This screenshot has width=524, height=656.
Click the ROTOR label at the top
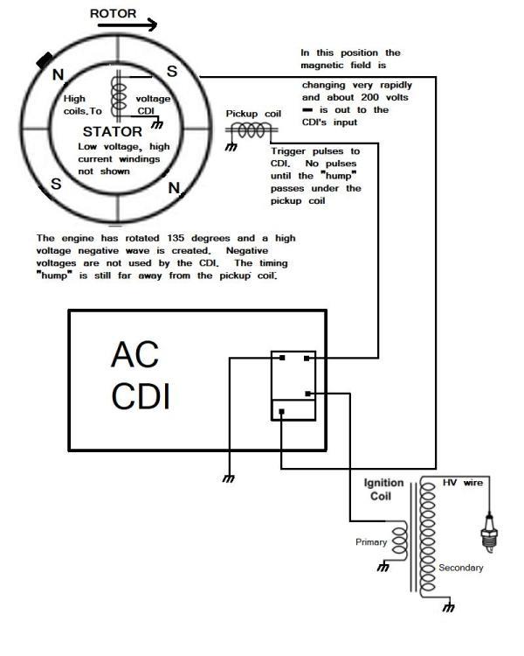(x=113, y=14)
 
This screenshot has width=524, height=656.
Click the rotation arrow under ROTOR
(x=128, y=25)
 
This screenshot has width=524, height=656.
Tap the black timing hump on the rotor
(x=45, y=60)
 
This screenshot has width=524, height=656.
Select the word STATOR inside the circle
(x=113, y=132)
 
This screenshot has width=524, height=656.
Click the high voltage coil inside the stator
(x=119, y=96)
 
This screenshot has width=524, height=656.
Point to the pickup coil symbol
(x=252, y=130)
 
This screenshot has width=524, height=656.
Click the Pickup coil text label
(x=253, y=114)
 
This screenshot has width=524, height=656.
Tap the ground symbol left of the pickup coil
(x=231, y=147)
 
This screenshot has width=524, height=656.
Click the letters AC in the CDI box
(x=134, y=355)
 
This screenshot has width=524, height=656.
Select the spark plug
(x=488, y=533)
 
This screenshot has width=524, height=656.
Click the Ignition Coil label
(x=383, y=490)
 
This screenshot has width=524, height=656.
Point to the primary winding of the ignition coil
(x=399, y=541)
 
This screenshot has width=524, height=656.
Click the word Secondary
(x=461, y=568)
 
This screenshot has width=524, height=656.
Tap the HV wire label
(x=463, y=483)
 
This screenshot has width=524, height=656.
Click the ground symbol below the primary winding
(x=383, y=568)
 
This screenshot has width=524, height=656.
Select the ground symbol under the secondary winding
(x=448, y=607)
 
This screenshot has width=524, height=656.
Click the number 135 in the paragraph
(x=176, y=238)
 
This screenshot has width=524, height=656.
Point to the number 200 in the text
(x=369, y=97)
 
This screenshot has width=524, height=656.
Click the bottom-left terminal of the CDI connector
(x=281, y=412)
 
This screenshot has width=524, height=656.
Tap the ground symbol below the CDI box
(x=229, y=478)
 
